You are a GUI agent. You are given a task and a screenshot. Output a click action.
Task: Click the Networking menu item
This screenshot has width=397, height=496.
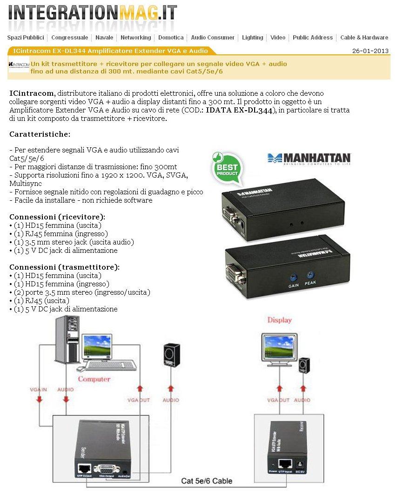pos(135,38)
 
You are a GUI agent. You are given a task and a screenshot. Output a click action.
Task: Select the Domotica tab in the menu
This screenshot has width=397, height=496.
pos(171,38)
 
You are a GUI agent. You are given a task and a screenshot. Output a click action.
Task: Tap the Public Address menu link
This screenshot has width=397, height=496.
pos(313,38)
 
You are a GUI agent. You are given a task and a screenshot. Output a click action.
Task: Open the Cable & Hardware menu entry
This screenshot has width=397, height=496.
pos(364,38)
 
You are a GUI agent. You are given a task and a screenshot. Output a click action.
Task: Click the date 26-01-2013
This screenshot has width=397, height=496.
pos(370,51)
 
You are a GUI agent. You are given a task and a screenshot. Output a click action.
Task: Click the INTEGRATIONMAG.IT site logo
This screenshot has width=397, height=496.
pos(93,13)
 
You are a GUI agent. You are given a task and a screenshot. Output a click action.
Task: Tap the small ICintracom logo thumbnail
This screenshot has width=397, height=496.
pos(19,64)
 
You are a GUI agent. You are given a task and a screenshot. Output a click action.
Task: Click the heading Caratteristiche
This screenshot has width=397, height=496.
pos(40,134)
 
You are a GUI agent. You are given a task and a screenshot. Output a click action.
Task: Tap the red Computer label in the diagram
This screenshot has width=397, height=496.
pos(94,379)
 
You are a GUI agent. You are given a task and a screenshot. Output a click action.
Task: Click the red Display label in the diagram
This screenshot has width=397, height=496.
pos(280,320)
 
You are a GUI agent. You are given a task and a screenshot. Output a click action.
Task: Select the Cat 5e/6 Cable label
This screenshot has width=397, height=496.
pos(207,481)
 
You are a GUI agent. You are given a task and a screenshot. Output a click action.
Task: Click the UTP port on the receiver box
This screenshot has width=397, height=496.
pos(284,463)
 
